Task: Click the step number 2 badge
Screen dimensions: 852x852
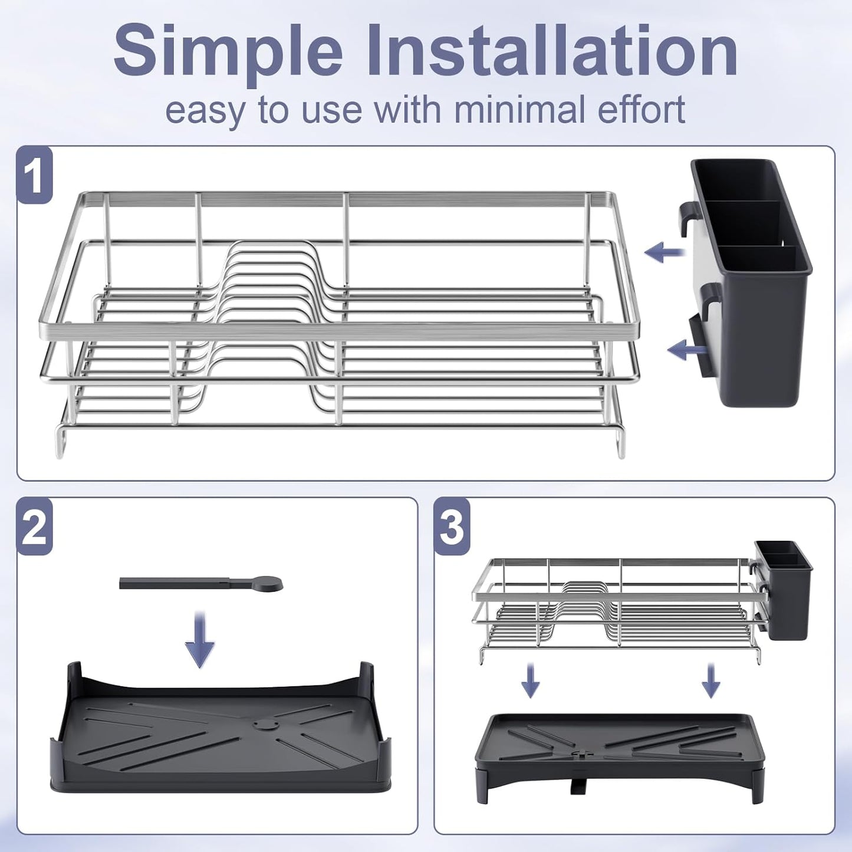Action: (x=35, y=527)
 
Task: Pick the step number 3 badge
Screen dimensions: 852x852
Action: (x=452, y=527)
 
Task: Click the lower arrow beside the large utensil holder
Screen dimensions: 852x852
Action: (x=687, y=350)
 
